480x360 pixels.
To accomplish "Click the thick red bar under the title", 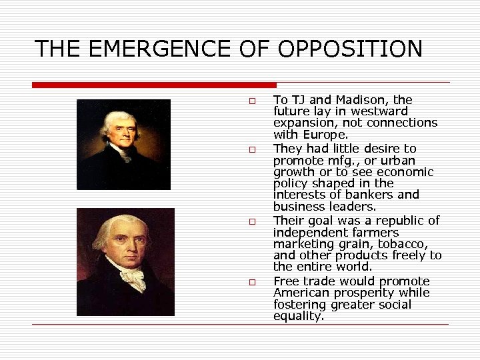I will (x=154, y=85).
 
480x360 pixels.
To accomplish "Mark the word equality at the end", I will (x=298, y=317).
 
